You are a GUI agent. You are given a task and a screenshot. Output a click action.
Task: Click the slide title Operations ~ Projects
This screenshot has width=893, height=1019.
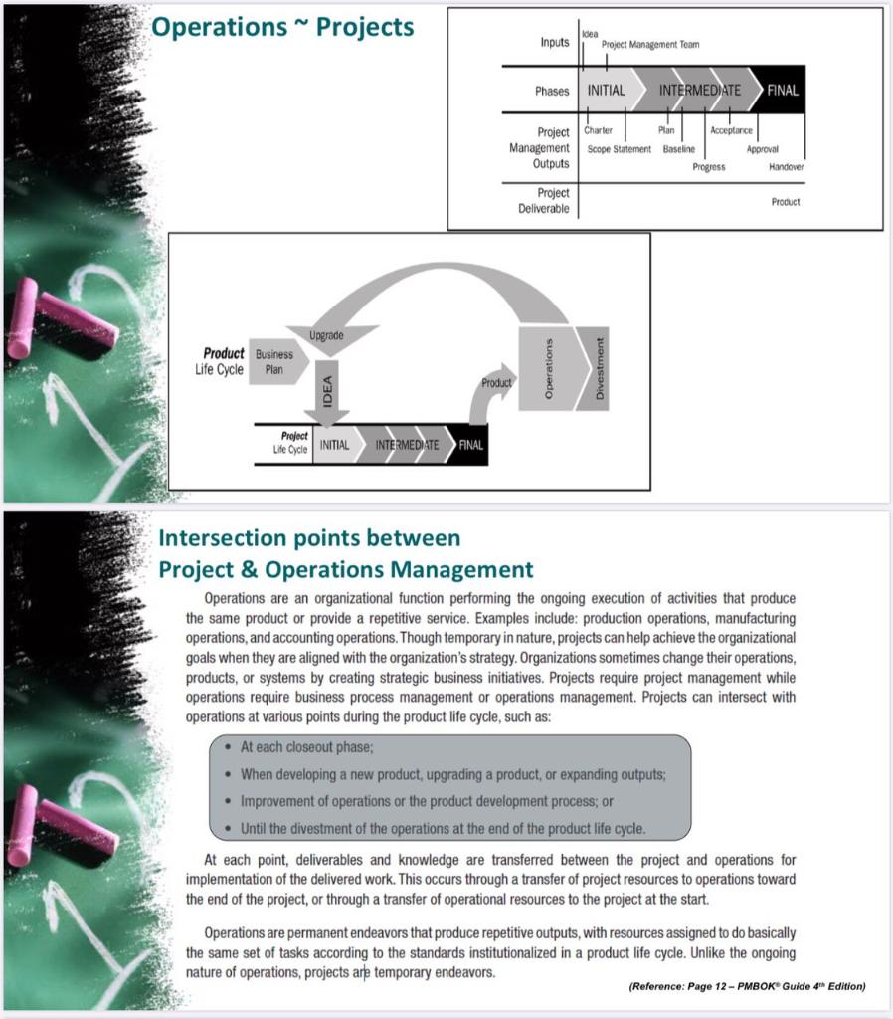pyautogui.click(x=282, y=27)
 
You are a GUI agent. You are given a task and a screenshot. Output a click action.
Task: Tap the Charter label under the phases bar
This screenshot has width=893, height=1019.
pyautogui.click(x=598, y=130)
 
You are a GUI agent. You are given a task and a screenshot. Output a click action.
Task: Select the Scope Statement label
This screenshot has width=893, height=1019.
pyautogui.click(x=619, y=149)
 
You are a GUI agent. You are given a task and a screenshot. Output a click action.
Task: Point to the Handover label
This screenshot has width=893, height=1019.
pyautogui.click(x=786, y=167)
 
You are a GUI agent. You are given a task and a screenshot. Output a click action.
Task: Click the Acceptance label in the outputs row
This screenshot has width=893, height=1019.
pyautogui.click(x=731, y=130)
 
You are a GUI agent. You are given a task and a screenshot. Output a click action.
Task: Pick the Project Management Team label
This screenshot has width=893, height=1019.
pyautogui.click(x=650, y=44)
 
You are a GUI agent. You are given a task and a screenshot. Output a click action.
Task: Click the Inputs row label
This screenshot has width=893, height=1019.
pyautogui.click(x=554, y=42)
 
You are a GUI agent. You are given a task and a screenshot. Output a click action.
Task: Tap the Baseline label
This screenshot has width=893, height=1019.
pyautogui.click(x=679, y=149)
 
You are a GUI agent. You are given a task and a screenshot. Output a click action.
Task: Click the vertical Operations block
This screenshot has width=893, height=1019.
pyautogui.click(x=548, y=368)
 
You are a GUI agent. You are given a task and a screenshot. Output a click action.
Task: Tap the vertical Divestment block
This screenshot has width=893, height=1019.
pyautogui.click(x=599, y=368)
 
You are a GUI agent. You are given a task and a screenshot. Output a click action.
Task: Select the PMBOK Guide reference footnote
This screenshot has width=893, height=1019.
pyautogui.click(x=747, y=986)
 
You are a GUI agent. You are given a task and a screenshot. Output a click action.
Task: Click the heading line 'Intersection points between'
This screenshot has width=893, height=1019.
pyautogui.click(x=309, y=538)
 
